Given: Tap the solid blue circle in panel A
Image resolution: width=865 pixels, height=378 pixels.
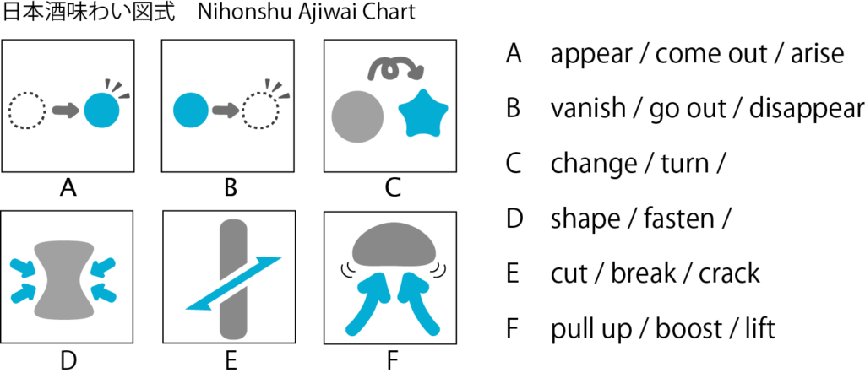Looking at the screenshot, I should (x=102, y=110).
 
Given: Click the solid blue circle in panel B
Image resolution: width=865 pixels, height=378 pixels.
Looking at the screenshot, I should (x=189, y=110).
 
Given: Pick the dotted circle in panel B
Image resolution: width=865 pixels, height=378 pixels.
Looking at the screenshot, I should (x=260, y=111).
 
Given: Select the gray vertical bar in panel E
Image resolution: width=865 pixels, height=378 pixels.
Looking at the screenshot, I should (x=231, y=278).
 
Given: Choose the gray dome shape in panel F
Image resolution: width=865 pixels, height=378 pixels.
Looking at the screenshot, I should (x=392, y=246).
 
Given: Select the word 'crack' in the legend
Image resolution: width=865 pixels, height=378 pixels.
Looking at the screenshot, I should (x=727, y=273).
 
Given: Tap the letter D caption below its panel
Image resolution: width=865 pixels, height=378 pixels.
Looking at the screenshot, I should (x=68, y=360).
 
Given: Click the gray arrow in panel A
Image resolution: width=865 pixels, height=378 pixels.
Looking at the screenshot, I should (x=64, y=110).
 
